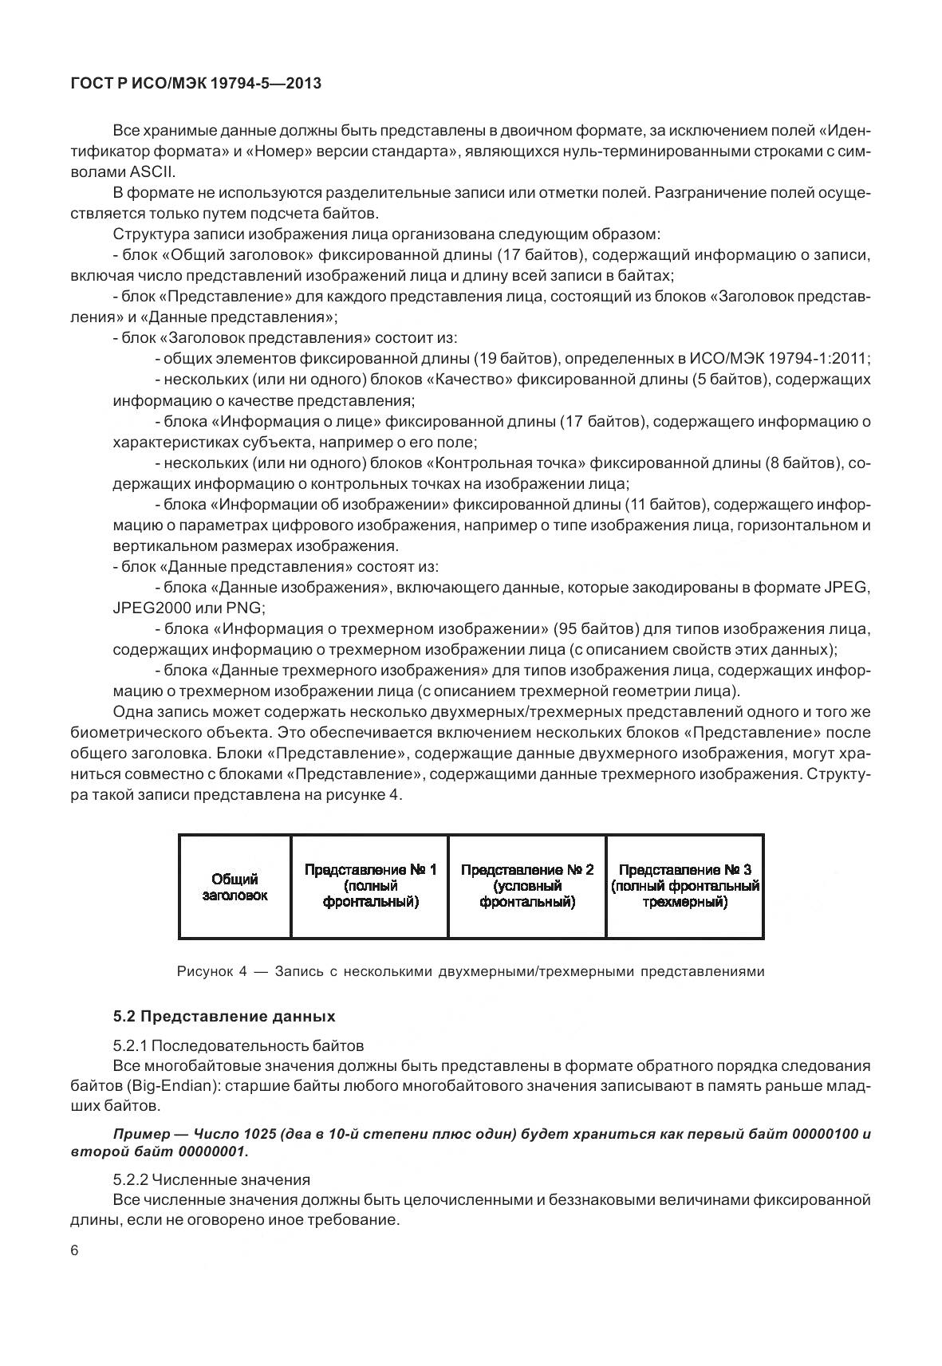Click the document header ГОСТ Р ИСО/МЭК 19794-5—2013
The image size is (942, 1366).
pos(196,83)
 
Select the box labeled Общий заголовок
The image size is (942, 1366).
pos(235,887)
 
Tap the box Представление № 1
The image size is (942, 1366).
pos(370,886)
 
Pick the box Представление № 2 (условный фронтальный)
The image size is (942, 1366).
pos(527,886)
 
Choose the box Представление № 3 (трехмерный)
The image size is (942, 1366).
pos(684,886)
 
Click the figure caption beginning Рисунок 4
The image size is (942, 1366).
pos(471,971)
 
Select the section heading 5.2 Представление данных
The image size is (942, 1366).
pos(224,1017)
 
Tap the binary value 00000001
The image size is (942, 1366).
pos(213,1151)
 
